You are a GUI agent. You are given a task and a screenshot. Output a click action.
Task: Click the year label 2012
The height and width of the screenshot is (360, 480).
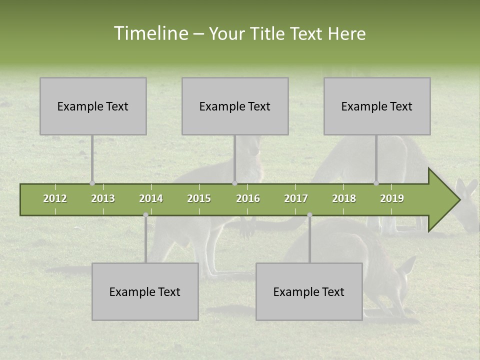pyautogui.click(x=55, y=198)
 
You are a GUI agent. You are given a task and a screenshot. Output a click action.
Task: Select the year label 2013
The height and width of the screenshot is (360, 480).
pyautogui.click(x=103, y=198)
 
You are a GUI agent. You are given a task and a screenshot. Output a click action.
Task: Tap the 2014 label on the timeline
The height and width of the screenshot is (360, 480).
pyautogui.click(x=151, y=198)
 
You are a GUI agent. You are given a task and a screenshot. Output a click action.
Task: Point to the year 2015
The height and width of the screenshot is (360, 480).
pyautogui.click(x=199, y=198)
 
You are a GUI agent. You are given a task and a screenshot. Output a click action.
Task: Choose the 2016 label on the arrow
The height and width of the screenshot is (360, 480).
pyautogui.click(x=248, y=198)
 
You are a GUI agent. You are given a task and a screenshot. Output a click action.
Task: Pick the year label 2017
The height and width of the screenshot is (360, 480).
pyautogui.click(x=296, y=198)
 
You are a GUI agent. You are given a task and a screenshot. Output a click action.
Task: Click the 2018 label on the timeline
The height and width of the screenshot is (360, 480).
pyautogui.click(x=344, y=198)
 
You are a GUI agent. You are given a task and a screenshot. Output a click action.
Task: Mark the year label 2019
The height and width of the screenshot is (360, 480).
pyautogui.click(x=392, y=198)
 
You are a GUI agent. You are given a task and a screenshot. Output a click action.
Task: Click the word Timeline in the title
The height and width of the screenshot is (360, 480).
pyautogui.click(x=150, y=33)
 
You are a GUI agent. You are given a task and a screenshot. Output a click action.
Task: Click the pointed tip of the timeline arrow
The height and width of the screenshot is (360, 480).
pyautogui.click(x=458, y=200)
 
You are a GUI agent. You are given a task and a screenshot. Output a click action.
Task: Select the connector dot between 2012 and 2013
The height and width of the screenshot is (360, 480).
pyautogui.click(x=92, y=183)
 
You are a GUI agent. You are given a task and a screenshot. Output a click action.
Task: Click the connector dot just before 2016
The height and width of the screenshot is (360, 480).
pyautogui.click(x=234, y=183)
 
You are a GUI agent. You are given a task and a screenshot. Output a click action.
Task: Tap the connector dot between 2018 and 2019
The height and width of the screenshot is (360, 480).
pyautogui.click(x=376, y=183)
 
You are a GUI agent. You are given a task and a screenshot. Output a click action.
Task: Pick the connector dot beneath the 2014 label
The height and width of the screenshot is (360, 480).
pyautogui.click(x=145, y=215)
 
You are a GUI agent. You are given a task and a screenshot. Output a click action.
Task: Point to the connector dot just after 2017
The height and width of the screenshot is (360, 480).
pyautogui.click(x=309, y=215)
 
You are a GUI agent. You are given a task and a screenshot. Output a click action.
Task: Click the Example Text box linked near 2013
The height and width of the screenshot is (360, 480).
pyautogui.click(x=93, y=106)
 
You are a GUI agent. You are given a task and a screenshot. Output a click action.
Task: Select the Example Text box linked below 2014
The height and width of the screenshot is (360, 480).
pyautogui.click(x=145, y=292)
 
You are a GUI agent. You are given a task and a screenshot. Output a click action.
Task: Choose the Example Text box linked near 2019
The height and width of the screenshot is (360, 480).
pyautogui.click(x=377, y=106)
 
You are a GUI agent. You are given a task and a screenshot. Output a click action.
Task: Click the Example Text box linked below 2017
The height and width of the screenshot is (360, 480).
pyautogui.click(x=309, y=292)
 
